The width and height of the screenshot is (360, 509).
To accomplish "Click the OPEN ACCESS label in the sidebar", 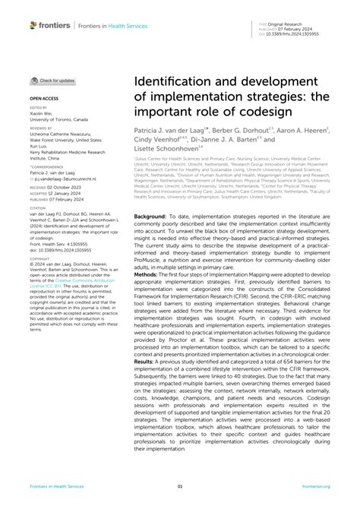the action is [x=44, y=98].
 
